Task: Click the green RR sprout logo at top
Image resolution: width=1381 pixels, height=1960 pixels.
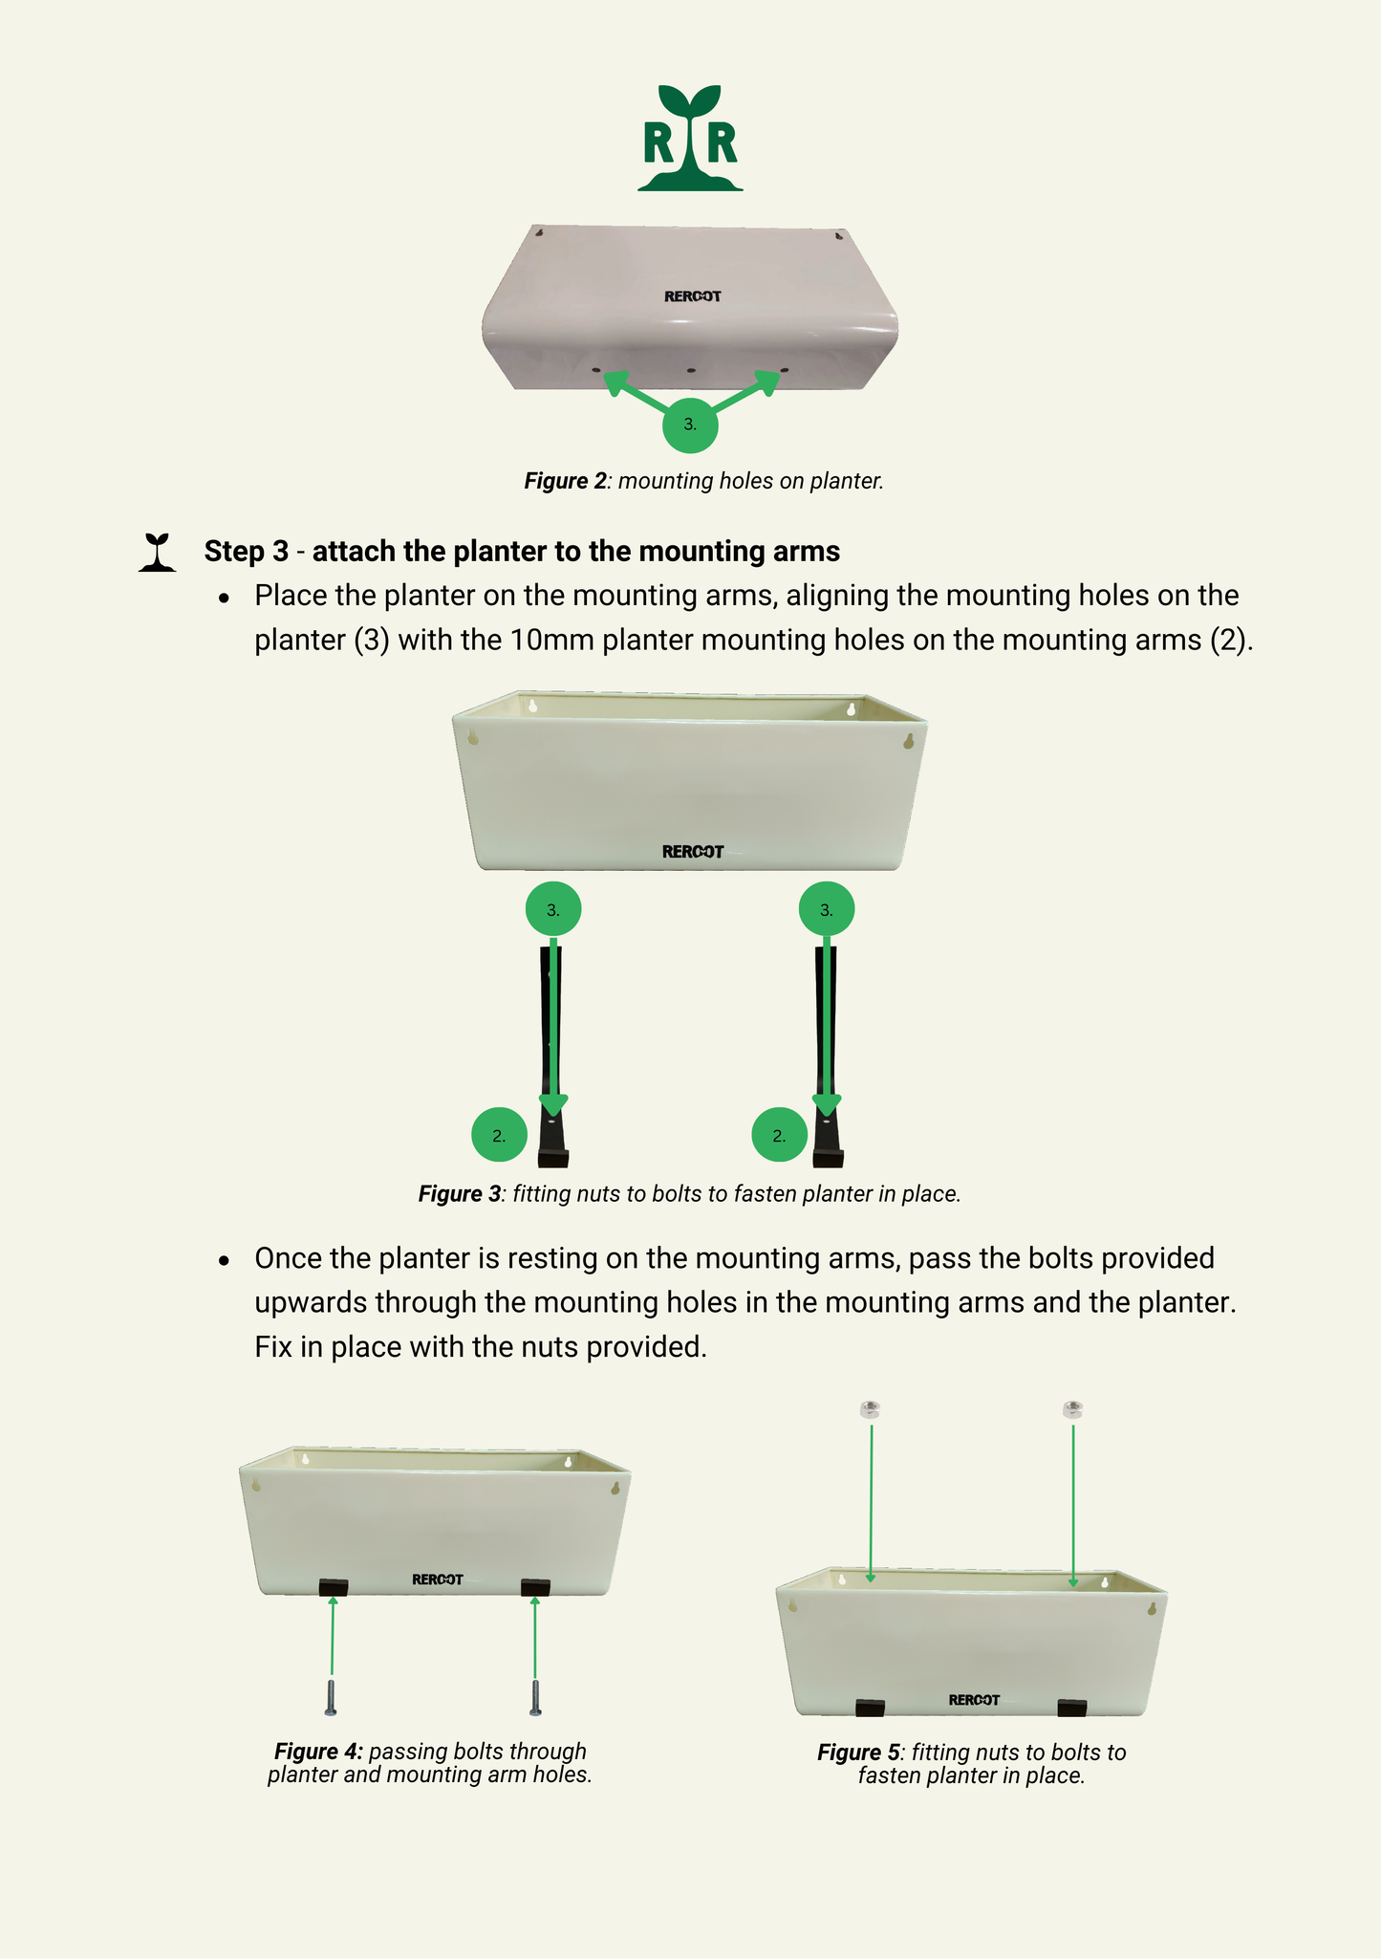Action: click(690, 139)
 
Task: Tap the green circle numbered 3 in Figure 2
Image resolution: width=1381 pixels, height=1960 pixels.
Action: click(690, 425)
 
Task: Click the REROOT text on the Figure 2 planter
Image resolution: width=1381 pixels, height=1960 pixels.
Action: click(692, 296)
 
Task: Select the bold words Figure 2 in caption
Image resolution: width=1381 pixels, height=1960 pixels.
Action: click(565, 481)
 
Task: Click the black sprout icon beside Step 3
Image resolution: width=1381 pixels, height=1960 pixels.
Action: click(158, 553)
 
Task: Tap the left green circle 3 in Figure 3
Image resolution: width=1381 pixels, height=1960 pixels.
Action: click(553, 910)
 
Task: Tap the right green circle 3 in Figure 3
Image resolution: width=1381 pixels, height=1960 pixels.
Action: click(827, 910)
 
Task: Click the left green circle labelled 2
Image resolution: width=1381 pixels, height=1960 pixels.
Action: click(499, 1136)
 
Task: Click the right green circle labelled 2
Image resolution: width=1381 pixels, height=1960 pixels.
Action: click(779, 1136)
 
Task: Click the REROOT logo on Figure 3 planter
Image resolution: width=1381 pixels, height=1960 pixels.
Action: click(693, 852)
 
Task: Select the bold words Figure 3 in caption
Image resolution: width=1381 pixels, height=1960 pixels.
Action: click(459, 1194)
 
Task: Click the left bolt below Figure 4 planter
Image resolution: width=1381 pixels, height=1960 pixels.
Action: click(332, 1698)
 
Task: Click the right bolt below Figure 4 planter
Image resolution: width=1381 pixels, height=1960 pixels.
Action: click(535, 1698)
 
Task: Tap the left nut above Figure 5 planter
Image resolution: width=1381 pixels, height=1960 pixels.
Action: click(870, 1409)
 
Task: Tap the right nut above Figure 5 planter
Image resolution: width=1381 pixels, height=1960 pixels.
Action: click(1072, 1409)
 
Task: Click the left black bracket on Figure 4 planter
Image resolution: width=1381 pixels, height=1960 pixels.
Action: click(333, 1587)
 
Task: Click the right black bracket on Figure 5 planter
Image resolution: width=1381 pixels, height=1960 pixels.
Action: click(1072, 1708)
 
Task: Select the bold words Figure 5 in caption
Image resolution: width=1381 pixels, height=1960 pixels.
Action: click(858, 1753)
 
